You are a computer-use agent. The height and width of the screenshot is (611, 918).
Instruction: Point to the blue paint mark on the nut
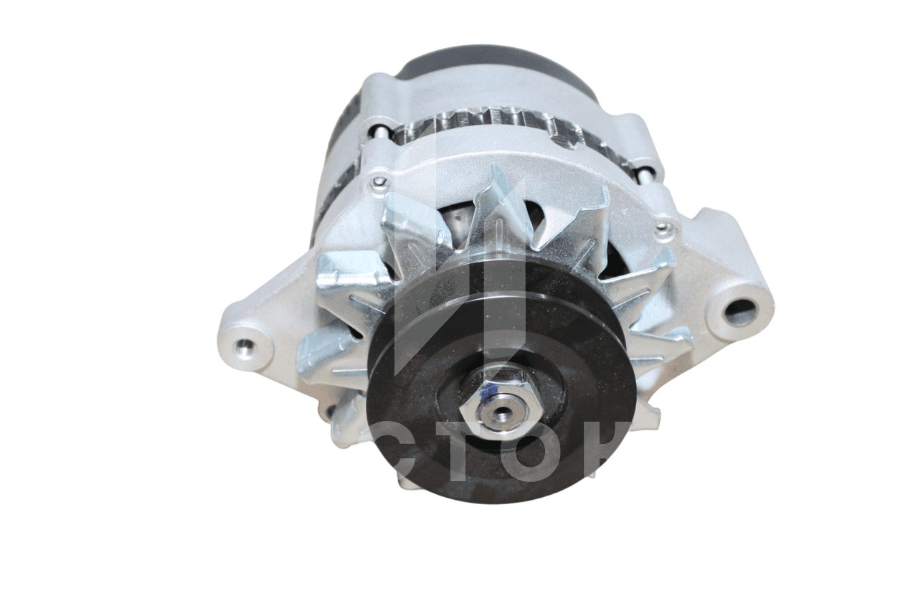489,392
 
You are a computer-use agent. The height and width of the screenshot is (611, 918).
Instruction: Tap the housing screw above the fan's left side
377,182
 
